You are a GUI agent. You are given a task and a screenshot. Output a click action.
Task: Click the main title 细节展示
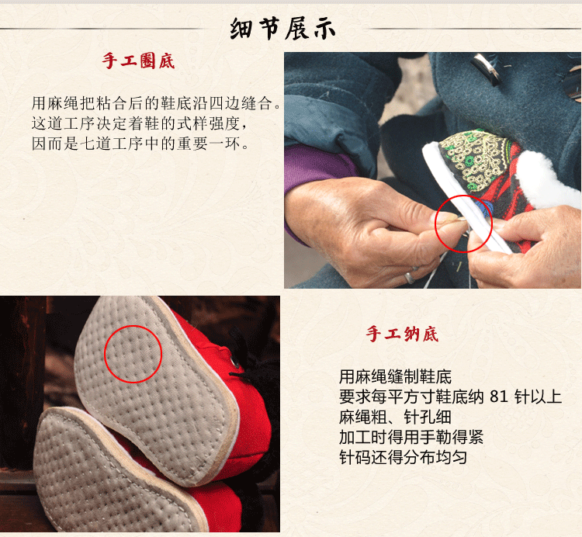coord(282,29)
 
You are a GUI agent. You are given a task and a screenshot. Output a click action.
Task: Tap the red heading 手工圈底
coord(138,61)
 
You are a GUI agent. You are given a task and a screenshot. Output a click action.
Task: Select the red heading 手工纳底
coord(402,334)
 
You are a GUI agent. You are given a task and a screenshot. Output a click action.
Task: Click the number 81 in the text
coord(499,397)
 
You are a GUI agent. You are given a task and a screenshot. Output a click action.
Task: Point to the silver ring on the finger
coord(410,277)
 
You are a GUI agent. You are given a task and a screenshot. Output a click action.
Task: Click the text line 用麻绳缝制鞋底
coord(395,377)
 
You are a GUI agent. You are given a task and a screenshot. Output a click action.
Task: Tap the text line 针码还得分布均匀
coord(403,457)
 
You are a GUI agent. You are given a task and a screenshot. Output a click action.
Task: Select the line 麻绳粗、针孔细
coord(395,417)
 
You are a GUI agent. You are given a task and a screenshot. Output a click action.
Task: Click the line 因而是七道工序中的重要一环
coord(140,144)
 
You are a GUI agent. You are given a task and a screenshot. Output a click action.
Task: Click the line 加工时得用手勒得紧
coord(411,437)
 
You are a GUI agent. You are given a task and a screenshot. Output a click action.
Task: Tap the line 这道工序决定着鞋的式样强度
coord(139,123)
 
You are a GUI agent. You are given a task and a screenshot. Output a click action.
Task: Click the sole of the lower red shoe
coord(111,471)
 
